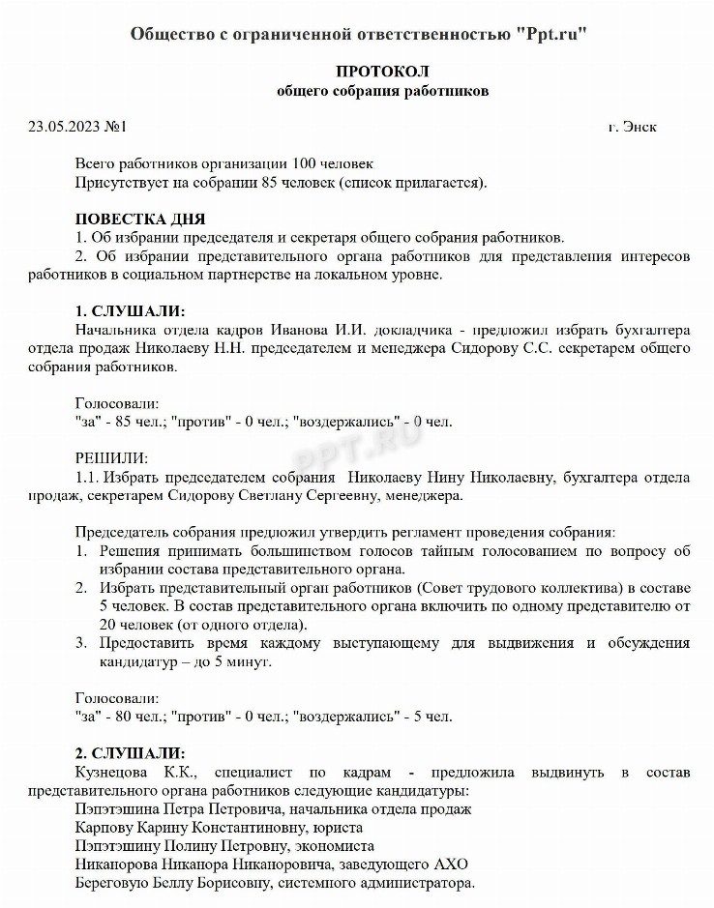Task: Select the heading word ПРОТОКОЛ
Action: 382,72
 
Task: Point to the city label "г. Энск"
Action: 633,127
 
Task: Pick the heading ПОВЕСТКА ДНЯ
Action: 139,220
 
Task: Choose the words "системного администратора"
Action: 391,884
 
